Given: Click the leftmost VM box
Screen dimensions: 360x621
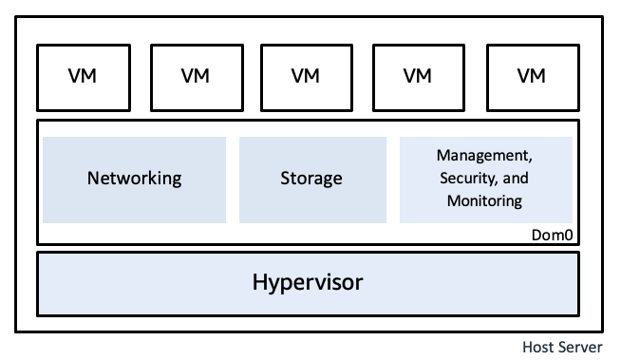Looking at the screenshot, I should pyautogui.click(x=83, y=76).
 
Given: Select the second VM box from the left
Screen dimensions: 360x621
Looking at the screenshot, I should pyautogui.click(x=195, y=76).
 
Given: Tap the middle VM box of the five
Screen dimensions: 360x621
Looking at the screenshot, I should pyautogui.click(x=307, y=76).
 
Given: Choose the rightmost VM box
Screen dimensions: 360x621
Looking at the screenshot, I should pyautogui.click(x=531, y=76).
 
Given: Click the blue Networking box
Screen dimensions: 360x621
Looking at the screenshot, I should pyautogui.click(x=134, y=179).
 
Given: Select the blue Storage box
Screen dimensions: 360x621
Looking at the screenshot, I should pyautogui.click(x=311, y=179).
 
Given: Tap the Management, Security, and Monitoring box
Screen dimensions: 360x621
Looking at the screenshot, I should pyautogui.click(x=486, y=179).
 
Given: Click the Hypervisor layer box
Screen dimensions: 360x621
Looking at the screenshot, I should pyautogui.click(x=307, y=283).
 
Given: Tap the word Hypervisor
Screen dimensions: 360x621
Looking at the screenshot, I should pyautogui.click(x=307, y=283).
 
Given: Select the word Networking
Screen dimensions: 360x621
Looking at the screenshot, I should pyautogui.click(x=134, y=179).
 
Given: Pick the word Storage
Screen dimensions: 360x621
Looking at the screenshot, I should pyautogui.click(x=311, y=179).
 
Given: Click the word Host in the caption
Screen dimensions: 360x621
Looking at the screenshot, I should pyautogui.click(x=539, y=347).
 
